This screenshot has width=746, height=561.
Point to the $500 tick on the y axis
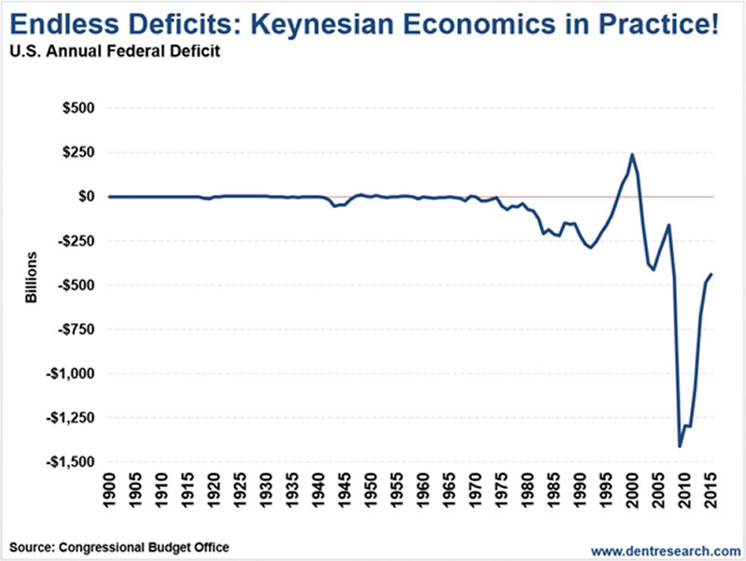coord(76,107)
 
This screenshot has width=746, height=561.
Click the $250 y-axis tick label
coord(76,152)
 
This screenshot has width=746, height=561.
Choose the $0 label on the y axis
coord(85,196)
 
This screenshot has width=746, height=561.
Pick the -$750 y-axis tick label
coord(74,330)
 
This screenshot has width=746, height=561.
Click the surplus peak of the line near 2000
coord(632,155)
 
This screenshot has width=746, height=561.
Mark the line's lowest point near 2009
coord(679,446)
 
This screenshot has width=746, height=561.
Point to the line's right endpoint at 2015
coord(711,274)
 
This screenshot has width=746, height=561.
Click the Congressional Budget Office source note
coord(120,546)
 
